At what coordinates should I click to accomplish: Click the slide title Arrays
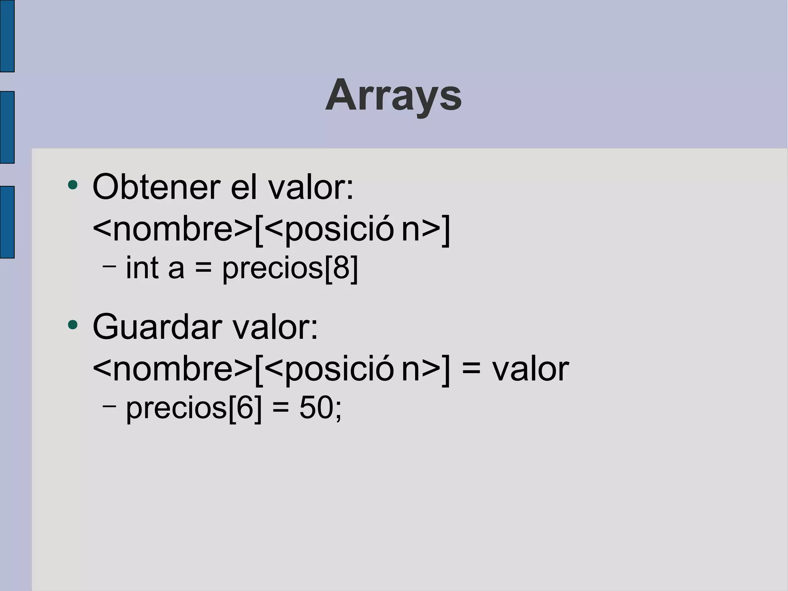coord(393,95)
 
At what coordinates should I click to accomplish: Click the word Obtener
coord(156,187)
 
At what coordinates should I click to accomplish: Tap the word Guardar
coord(157,327)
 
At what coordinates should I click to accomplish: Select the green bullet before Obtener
coord(72,185)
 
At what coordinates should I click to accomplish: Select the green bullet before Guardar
coord(72,325)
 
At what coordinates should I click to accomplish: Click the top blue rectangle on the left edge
coord(7,36)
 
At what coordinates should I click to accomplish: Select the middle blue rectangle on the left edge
coord(7,127)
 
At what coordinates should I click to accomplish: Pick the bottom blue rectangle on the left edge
coord(7,222)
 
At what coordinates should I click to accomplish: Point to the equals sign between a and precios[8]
coord(203,268)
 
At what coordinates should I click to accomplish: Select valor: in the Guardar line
coord(275,327)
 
